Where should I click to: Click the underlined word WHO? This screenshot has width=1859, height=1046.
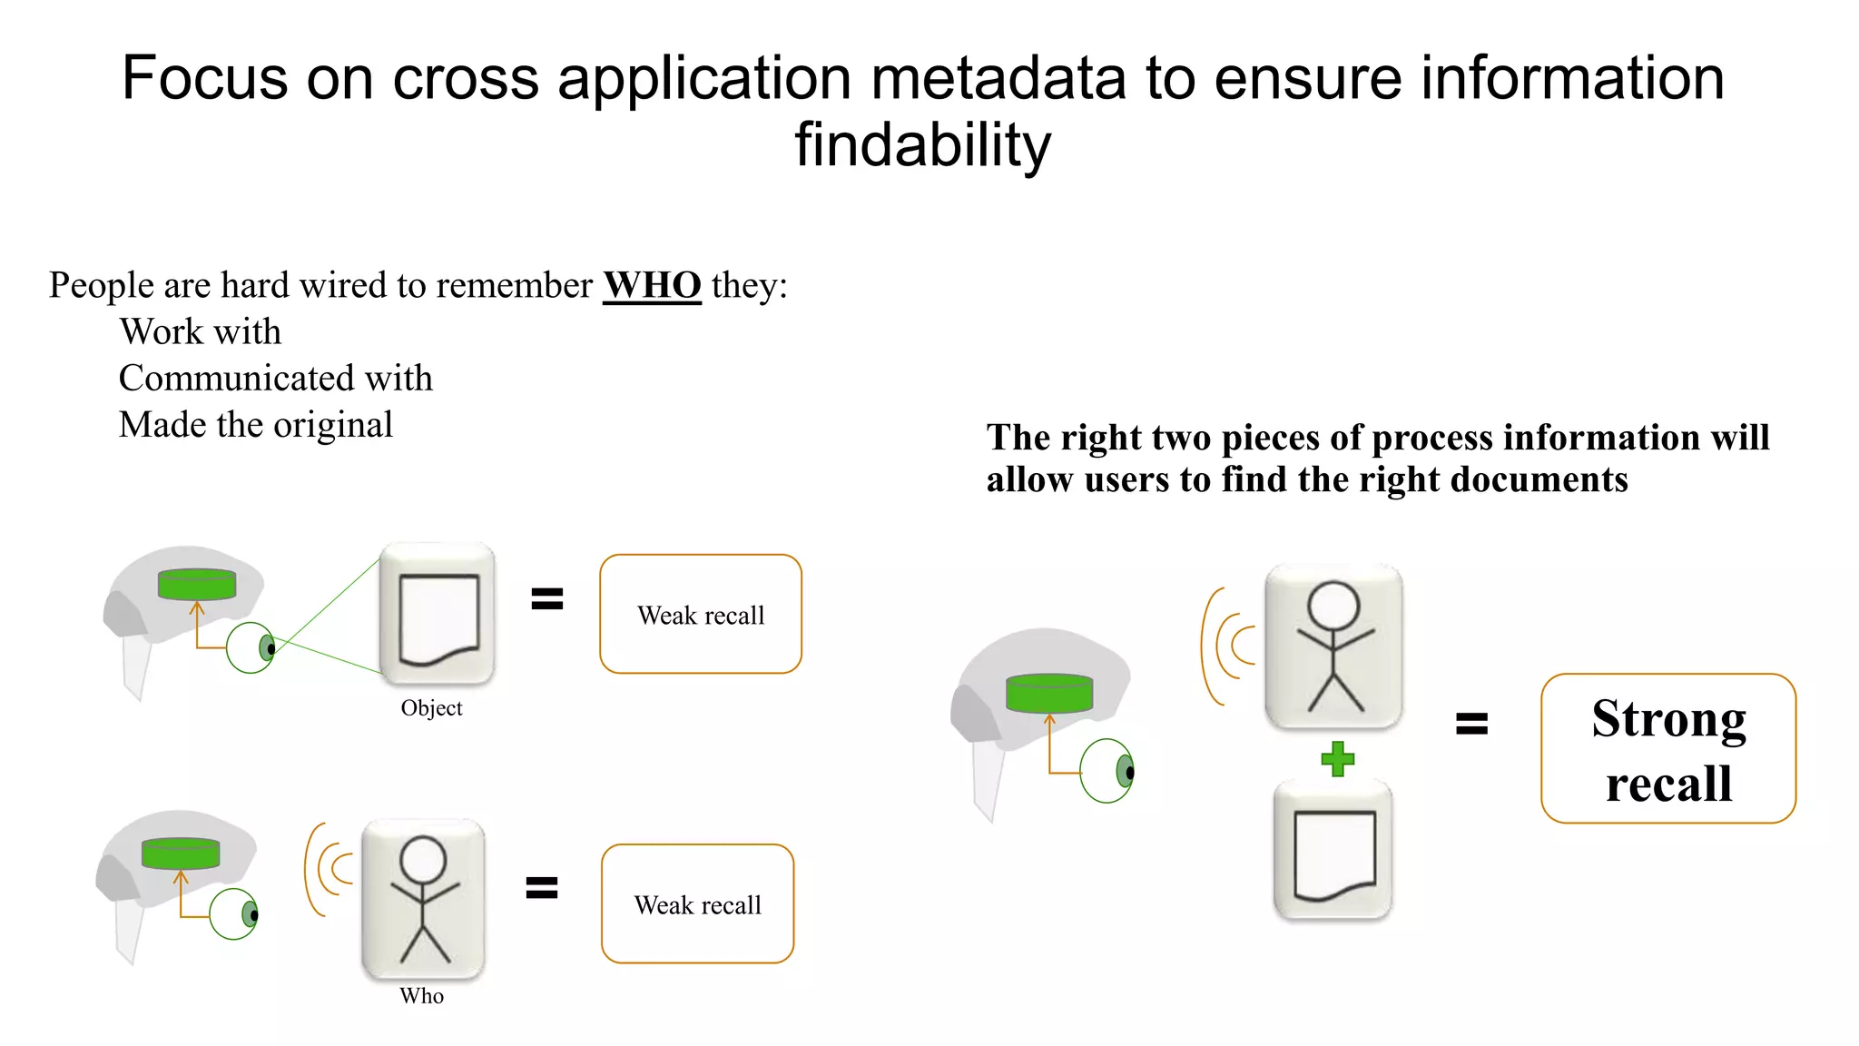click(x=652, y=285)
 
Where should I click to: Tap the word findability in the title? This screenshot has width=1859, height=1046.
click(x=922, y=145)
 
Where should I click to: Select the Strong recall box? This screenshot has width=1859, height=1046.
click(x=1667, y=749)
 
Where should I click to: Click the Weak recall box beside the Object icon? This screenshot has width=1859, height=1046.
click(x=700, y=615)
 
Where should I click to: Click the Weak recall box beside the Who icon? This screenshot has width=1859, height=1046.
click(x=697, y=904)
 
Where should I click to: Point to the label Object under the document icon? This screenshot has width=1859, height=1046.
click(x=431, y=708)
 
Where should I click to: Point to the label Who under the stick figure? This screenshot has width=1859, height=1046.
click(x=421, y=996)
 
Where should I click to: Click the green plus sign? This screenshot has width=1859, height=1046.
click(x=1337, y=759)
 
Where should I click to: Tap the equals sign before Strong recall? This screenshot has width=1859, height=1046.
click(x=1471, y=724)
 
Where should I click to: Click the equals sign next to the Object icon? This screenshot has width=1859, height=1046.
click(x=546, y=598)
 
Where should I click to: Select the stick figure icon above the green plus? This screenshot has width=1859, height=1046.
click(x=1333, y=646)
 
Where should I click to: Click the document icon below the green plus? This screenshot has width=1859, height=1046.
click(x=1333, y=852)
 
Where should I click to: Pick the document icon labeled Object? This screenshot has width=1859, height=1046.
click(x=438, y=615)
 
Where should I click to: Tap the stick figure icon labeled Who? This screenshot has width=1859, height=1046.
click(x=423, y=899)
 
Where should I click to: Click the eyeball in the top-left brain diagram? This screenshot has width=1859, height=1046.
click(x=251, y=647)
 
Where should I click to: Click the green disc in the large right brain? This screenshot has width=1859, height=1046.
click(x=1049, y=694)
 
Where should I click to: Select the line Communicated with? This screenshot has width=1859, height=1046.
click(x=276, y=379)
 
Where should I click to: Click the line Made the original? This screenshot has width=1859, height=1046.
click(x=256, y=425)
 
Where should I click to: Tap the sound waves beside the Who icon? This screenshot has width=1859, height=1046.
click(x=329, y=869)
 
